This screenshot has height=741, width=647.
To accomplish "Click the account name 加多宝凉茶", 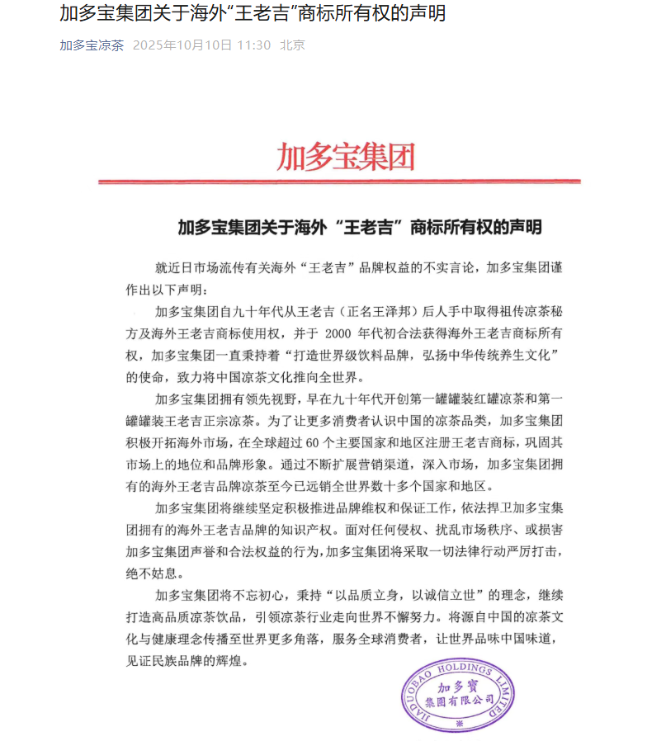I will point(92,45).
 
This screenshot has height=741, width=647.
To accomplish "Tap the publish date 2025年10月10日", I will point(182,45).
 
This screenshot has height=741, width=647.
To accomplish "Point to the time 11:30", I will point(253,45).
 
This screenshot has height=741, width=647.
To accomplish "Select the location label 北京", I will point(292,45).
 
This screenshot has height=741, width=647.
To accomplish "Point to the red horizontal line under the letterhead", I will point(338,182).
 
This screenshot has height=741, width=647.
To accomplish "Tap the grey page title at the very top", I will point(253,14).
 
